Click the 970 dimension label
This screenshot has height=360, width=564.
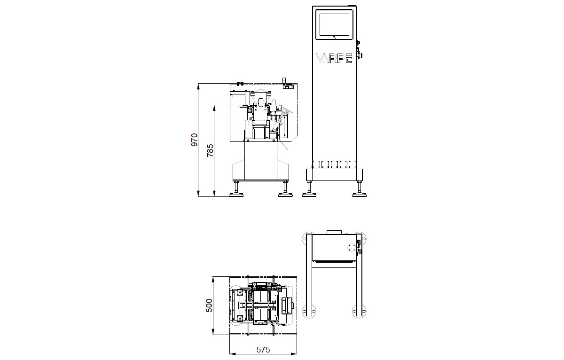pyautogui.click(x=195, y=140)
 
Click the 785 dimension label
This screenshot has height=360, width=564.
pyautogui.click(x=210, y=150)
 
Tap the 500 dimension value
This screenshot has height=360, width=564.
pyautogui.click(x=209, y=305)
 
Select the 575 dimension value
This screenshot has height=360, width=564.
pyautogui.click(x=263, y=350)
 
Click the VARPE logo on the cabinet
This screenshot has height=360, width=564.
pyautogui.click(x=334, y=58)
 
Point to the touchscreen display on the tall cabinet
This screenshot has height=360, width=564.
pyautogui.click(x=334, y=24)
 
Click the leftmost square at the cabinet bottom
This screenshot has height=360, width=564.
pyautogui.click(x=316, y=164)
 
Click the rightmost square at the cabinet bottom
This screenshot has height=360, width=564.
pyautogui.click(x=352, y=164)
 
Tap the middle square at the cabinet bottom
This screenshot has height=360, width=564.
pyautogui.click(x=334, y=164)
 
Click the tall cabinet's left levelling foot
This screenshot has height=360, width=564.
pyautogui.click(x=309, y=189)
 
